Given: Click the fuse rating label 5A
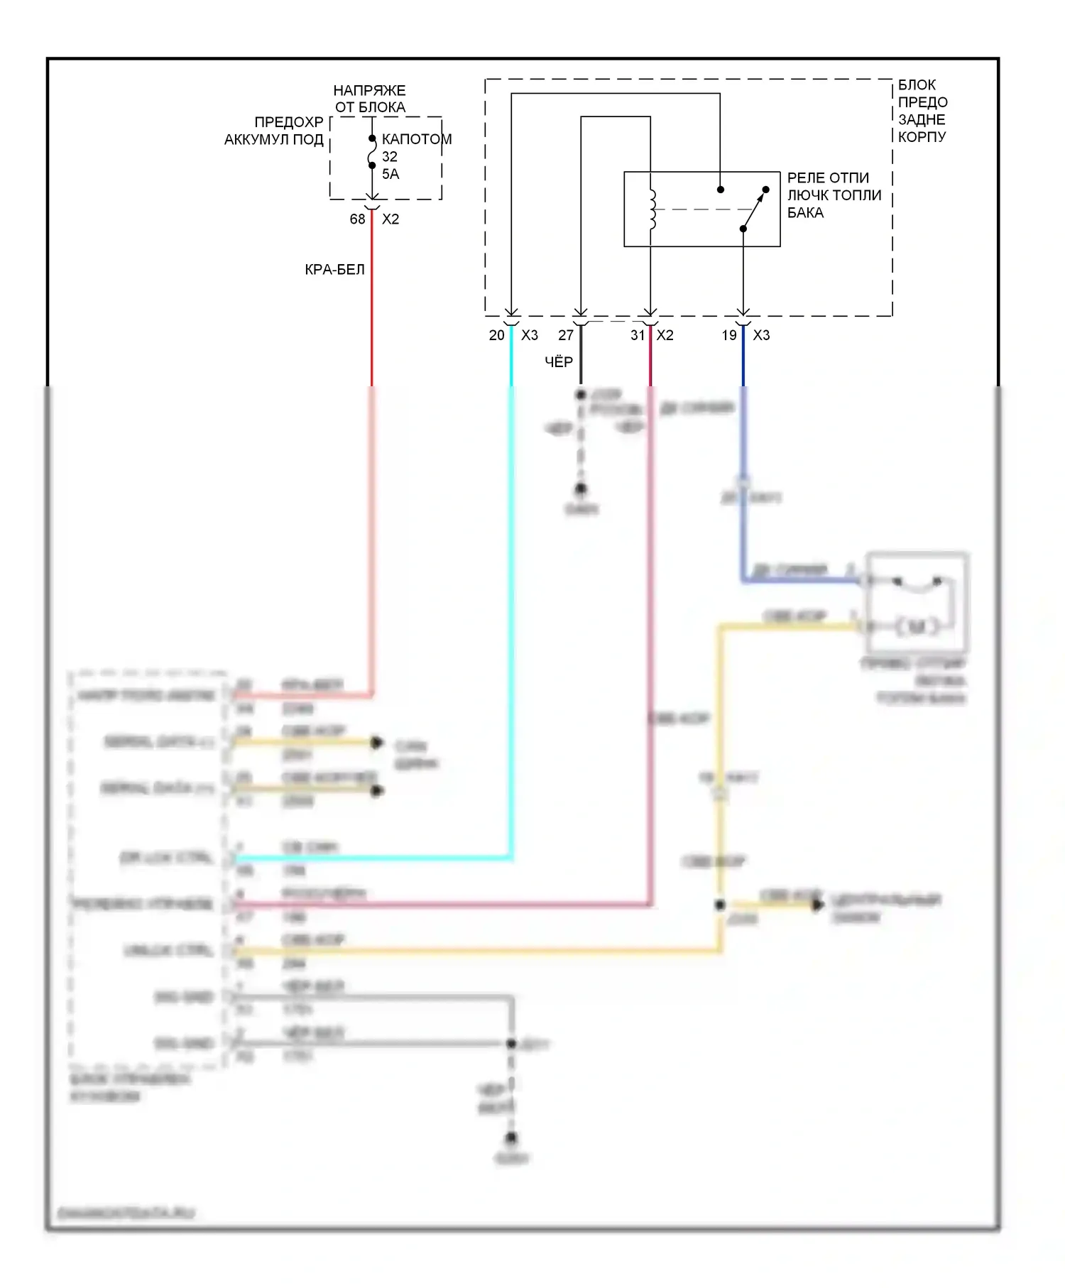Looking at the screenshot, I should pyautogui.click(x=390, y=174).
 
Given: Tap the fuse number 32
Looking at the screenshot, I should pyautogui.click(x=390, y=156).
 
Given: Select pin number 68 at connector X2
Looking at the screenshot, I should pyautogui.click(x=357, y=219).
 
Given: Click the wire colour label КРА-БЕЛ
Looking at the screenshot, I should pyautogui.click(x=334, y=270).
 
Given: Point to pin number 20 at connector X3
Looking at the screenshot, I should pyautogui.click(x=496, y=335).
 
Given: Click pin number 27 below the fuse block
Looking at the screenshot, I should pyautogui.click(x=566, y=335).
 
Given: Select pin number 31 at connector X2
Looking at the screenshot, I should pyautogui.click(x=638, y=335).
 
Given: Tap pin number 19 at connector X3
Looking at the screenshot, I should pyautogui.click(x=729, y=335).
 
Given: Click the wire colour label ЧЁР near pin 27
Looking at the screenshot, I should pyautogui.click(x=559, y=362).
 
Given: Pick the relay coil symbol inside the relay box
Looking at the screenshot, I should pyautogui.click(x=652, y=209).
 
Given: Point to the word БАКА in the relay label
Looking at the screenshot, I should pyautogui.click(x=805, y=213).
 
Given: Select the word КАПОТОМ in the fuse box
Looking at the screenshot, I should pyautogui.click(x=417, y=139).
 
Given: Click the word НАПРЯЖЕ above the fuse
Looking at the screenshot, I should pyautogui.click(x=369, y=91).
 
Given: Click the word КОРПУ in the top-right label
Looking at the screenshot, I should pyautogui.click(x=922, y=137).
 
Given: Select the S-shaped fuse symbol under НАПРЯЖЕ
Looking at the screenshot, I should pyautogui.click(x=372, y=152).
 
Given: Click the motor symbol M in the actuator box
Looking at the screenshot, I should pyautogui.click(x=917, y=626).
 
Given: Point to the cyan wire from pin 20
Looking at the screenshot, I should pyautogui.click(x=511, y=568).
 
